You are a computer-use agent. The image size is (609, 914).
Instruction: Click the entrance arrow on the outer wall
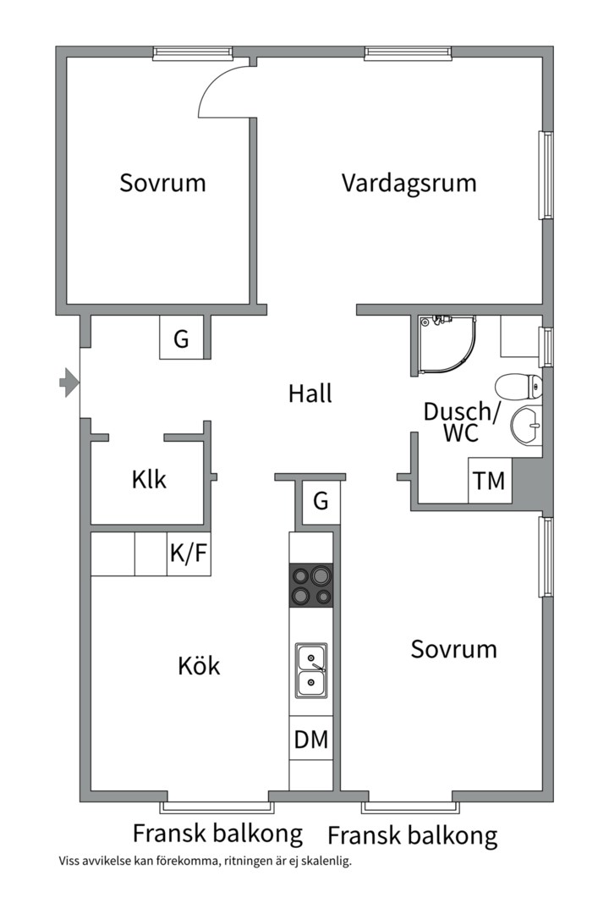coord(69,383)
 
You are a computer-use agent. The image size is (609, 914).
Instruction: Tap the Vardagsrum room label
coord(409,183)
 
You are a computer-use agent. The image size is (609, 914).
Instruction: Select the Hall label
coord(310,394)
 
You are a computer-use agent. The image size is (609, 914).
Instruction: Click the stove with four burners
coord(311,586)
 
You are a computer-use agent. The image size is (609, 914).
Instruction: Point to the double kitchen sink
coord(311,669)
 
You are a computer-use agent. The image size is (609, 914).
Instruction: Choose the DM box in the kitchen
coord(311,739)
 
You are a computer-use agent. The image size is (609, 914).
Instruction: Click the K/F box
coord(188,554)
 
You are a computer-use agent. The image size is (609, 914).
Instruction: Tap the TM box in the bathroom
coord(489,482)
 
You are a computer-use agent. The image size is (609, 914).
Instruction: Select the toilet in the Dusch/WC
coord(518,387)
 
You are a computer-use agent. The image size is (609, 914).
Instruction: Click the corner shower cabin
coord(445,345)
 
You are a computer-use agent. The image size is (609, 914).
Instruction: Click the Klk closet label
coord(149,480)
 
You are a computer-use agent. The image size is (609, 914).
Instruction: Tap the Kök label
coord(199,666)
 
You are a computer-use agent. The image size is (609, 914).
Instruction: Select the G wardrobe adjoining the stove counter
coord(321,502)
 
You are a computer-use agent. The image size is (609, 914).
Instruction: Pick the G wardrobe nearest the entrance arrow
coord(181,339)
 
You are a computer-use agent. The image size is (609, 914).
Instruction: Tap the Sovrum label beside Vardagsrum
coord(162,183)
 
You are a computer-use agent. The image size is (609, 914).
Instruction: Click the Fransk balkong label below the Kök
coord(217,834)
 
